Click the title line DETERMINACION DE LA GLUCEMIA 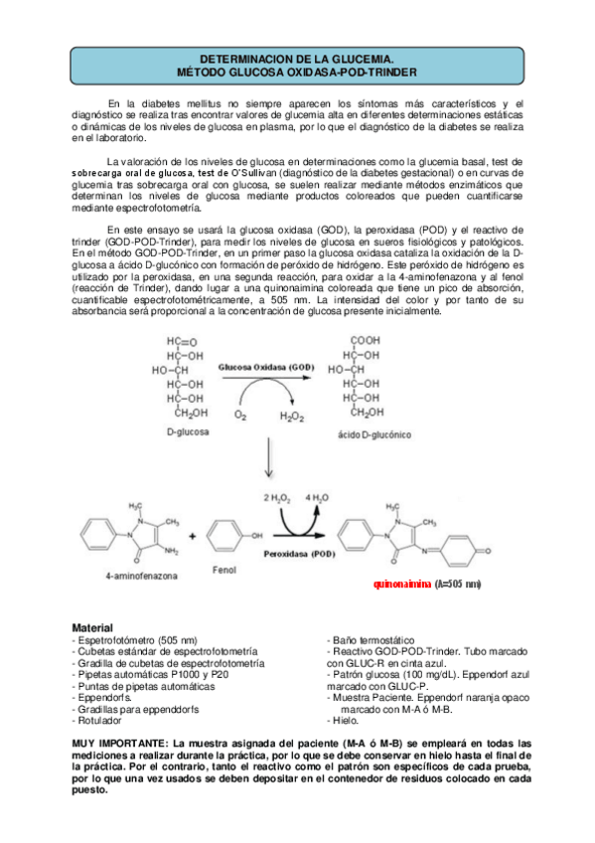(x=297, y=60)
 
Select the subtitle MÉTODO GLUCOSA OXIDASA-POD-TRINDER (x=297, y=73)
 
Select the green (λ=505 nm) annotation (x=458, y=584)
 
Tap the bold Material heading (x=92, y=628)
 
